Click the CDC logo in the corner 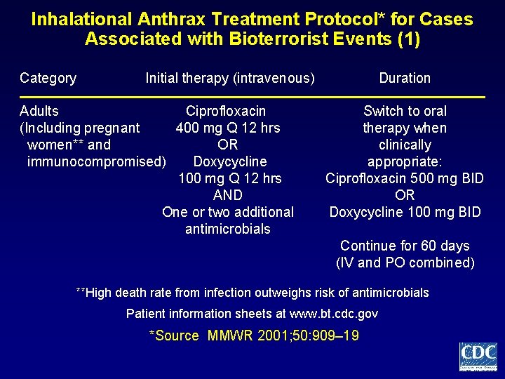pyautogui.click(x=478, y=356)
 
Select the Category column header pyautogui.click(x=48, y=78)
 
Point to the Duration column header pyautogui.click(x=405, y=78)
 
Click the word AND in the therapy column pyautogui.click(x=227, y=195)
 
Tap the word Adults pyautogui.click(x=39, y=111)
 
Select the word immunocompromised pyautogui.click(x=96, y=161)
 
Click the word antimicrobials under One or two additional pyautogui.click(x=227, y=229)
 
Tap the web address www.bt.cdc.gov pyautogui.click(x=329, y=314)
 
